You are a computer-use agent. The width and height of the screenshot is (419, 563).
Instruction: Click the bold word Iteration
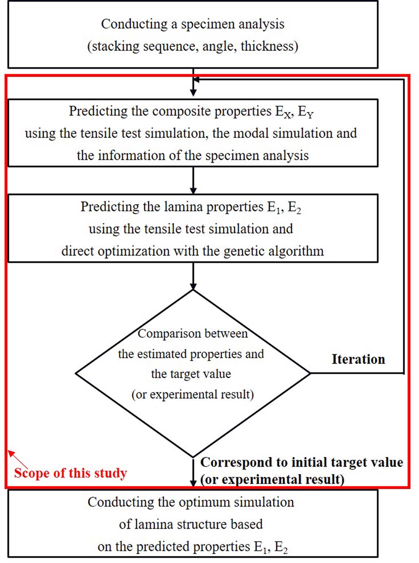click(358, 359)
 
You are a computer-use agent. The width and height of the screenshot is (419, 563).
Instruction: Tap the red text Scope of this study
click(70, 473)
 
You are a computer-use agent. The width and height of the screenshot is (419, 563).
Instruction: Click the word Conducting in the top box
click(134, 24)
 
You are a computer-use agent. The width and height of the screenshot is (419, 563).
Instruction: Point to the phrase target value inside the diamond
click(191, 374)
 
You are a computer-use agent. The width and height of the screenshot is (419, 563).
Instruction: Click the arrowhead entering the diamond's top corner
click(193, 286)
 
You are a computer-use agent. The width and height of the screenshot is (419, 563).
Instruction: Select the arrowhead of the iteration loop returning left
click(197, 80)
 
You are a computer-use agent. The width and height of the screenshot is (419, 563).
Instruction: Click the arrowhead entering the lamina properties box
click(193, 191)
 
